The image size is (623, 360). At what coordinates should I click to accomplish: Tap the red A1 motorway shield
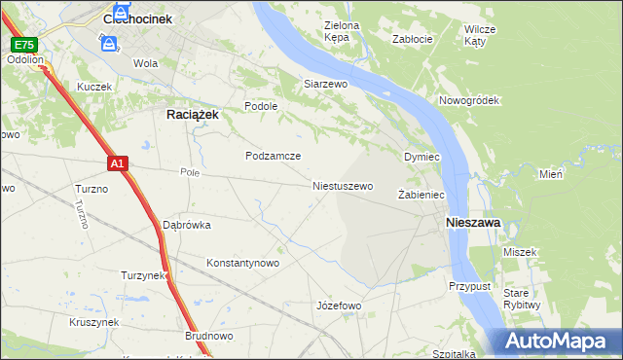click(116, 164)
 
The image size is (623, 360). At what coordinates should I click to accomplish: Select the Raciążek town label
click(185, 114)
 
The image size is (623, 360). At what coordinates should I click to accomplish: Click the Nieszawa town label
click(473, 223)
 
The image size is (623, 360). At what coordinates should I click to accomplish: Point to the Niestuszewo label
click(343, 185)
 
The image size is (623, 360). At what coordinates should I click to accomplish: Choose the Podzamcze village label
click(273, 156)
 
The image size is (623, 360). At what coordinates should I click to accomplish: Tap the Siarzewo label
click(325, 85)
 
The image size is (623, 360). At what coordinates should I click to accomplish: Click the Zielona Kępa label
click(341, 31)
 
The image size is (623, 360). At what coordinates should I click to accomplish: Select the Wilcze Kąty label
click(480, 35)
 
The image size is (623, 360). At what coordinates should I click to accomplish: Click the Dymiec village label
click(422, 157)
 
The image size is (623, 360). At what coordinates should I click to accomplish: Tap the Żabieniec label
click(421, 195)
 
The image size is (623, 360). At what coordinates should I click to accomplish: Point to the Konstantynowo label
click(243, 263)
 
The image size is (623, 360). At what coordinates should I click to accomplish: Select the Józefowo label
click(339, 306)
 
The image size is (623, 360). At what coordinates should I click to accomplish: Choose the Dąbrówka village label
click(187, 225)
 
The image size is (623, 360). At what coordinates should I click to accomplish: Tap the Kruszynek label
click(93, 322)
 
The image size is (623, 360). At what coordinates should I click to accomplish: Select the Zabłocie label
click(411, 40)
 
